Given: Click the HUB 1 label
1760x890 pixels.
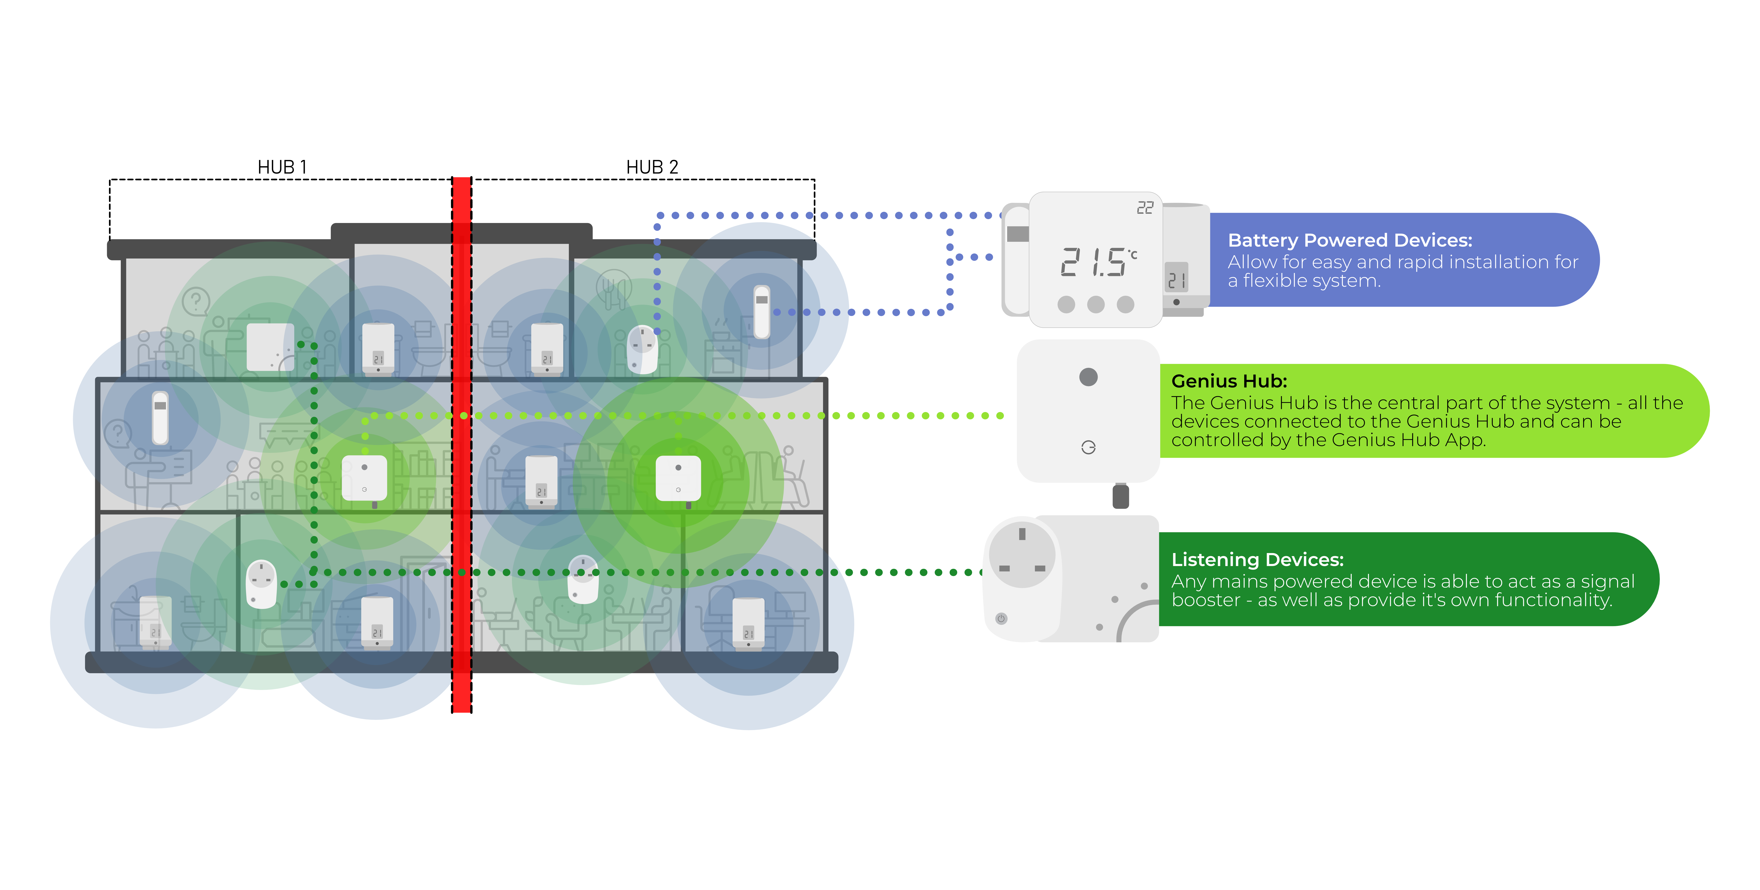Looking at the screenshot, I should point(282,167).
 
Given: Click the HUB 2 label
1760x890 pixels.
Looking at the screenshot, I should point(652,167).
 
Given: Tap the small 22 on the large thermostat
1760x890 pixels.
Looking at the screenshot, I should point(1144,208).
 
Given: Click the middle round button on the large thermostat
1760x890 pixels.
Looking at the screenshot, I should point(1095,304).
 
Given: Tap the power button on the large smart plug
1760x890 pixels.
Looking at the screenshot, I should point(1001,619).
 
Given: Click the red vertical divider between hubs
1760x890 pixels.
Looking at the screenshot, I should point(462,444).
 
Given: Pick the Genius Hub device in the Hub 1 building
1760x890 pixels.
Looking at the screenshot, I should point(364,479).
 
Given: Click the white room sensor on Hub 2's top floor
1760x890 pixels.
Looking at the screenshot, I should point(761,312).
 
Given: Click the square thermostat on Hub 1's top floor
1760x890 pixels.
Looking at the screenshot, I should point(270,347).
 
